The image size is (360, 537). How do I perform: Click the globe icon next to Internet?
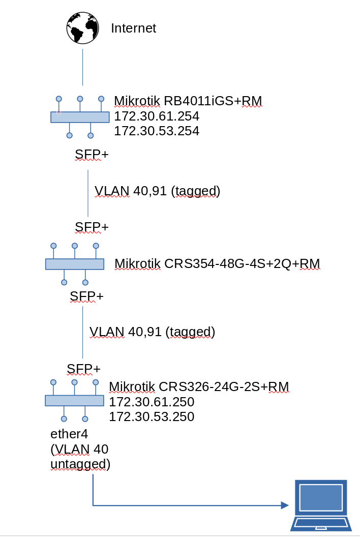tap(82, 28)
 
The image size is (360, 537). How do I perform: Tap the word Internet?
tap(133, 28)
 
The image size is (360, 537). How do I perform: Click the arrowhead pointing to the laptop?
tap(285, 505)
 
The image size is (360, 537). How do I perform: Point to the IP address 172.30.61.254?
tap(157, 116)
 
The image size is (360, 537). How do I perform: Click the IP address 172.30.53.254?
tap(157, 131)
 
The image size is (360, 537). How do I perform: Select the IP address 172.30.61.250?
tap(152, 402)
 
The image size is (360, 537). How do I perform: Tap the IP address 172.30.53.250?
tap(152, 417)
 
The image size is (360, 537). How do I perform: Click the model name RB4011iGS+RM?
tap(213, 101)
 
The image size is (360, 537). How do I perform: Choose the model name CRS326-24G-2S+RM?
tap(224, 387)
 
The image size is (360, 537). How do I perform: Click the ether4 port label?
tap(69, 434)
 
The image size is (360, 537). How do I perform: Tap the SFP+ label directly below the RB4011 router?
tap(92, 155)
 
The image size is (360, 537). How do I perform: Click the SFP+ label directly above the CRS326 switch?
tap(83, 368)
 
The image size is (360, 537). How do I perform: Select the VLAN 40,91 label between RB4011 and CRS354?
tap(157, 191)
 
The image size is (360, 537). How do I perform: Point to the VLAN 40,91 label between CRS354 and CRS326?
tap(152, 332)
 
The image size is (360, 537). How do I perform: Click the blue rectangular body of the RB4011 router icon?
tap(80, 117)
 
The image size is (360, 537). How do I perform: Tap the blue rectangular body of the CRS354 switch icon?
tap(75, 264)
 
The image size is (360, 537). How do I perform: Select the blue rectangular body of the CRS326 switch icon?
tap(74, 401)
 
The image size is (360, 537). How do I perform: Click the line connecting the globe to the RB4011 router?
tap(82, 67)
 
